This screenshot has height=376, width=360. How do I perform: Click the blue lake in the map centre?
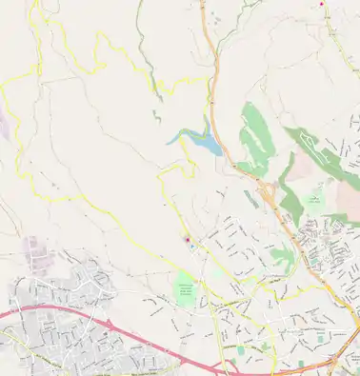coord(202,142)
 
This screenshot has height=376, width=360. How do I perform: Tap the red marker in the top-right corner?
coord(321,4)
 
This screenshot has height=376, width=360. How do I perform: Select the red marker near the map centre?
coord(188,239)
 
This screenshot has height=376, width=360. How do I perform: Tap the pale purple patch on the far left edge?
coord(3,124)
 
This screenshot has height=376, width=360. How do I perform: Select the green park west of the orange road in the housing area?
coord(282,254)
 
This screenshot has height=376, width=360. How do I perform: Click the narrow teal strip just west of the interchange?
coord(250,199)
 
